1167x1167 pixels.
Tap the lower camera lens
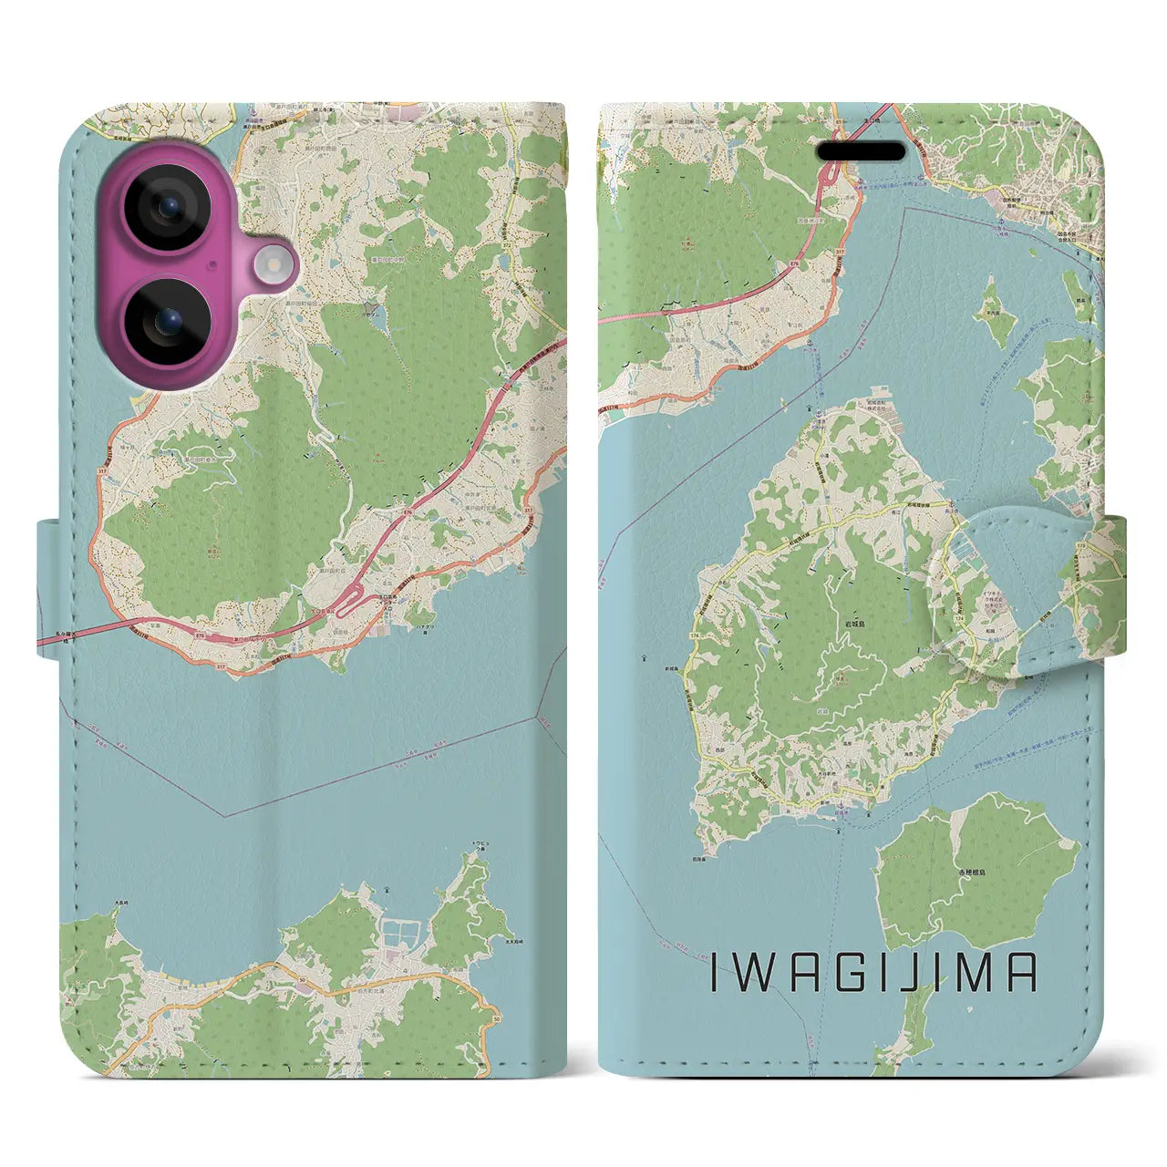(168, 321)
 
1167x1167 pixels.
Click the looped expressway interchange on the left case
(344, 605)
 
